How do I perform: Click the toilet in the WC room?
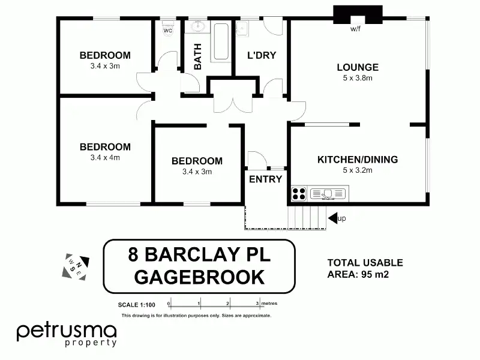[x=168, y=28]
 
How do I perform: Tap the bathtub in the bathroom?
[x=221, y=41]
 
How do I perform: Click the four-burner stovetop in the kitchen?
[x=298, y=194]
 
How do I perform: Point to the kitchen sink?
[x=328, y=194]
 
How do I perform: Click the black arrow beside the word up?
[x=332, y=218]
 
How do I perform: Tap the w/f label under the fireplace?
[x=355, y=29]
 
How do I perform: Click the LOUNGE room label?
[x=358, y=67]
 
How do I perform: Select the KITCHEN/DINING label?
[x=358, y=160]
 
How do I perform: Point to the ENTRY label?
[x=265, y=179]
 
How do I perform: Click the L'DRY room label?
[x=262, y=55]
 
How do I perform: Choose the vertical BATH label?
[x=198, y=56]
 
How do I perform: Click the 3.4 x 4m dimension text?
[x=105, y=158]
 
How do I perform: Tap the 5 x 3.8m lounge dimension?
[x=358, y=78]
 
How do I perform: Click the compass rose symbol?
[x=76, y=266]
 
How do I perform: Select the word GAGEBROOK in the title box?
[x=199, y=277]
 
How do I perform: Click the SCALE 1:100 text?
[x=137, y=305]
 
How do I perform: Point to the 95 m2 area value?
[x=375, y=274]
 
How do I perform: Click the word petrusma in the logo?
[x=67, y=332]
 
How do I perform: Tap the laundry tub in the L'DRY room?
[x=242, y=29]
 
